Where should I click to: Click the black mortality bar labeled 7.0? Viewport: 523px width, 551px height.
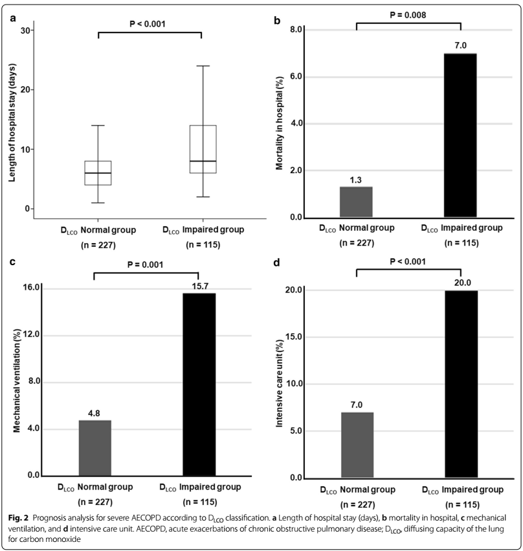tap(460, 135)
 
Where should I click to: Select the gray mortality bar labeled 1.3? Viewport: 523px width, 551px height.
tap(356, 202)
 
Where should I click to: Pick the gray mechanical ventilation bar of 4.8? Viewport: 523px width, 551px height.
tap(95, 448)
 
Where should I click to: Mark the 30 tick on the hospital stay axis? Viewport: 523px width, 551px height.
tap(27, 30)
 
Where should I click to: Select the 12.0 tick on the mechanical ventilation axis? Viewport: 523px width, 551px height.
tap(30, 335)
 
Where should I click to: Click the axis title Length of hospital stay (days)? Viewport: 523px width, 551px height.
tap(12, 119)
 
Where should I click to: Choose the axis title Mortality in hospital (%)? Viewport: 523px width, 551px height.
tap(280, 124)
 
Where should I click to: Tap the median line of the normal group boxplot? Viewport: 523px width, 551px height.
tap(98, 173)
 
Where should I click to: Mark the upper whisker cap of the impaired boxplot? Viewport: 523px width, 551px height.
tap(203, 65)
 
